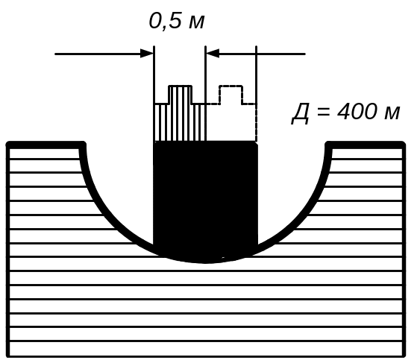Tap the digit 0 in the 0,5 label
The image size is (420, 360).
pyautogui.click(x=156, y=21)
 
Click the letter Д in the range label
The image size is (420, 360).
pyautogui.click(x=301, y=113)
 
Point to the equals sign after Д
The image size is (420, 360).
pyautogui.click(x=323, y=111)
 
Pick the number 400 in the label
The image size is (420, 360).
pyautogui.click(x=357, y=111)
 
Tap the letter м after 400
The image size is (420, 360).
pyautogui.click(x=392, y=113)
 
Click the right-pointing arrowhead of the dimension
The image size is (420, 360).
pyautogui.click(x=147, y=54)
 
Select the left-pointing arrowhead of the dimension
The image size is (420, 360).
pyautogui.click(x=213, y=54)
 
